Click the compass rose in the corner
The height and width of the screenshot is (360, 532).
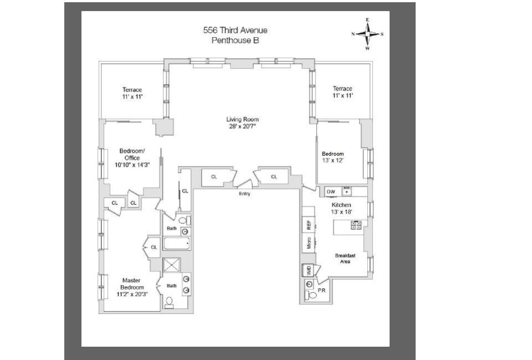(x=367, y=34)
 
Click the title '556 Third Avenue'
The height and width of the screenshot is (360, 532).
(x=235, y=30)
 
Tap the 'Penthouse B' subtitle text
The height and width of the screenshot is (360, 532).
(x=235, y=40)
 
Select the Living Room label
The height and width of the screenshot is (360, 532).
(x=242, y=119)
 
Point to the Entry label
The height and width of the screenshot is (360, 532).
(x=244, y=194)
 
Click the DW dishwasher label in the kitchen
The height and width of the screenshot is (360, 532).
(x=331, y=192)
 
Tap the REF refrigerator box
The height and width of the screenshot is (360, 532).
(x=309, y=225)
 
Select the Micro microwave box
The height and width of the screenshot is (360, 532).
(x=309, y=243)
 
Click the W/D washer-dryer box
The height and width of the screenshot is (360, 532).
(x=309, y=270)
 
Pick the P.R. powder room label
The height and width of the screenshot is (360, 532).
(x=322, y=291)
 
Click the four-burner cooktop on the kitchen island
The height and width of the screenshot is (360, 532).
(x=356, y=225)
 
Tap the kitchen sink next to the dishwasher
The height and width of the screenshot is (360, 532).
(x=346, y=192)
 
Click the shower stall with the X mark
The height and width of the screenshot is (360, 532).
(x=172, y=265)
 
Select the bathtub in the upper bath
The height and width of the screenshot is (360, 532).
(x=176, y=243)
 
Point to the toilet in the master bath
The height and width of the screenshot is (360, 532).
(x=169, y=302)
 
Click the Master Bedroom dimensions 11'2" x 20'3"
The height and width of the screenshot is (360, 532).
(x=132, y=294)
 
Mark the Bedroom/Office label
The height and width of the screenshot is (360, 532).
(x=132, y=154)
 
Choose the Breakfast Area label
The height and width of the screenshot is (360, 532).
(x=345, y=259)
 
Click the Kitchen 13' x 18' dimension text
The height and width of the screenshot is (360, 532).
(x=341, y=212)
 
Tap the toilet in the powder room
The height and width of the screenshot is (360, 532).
(x=311, y=295)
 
